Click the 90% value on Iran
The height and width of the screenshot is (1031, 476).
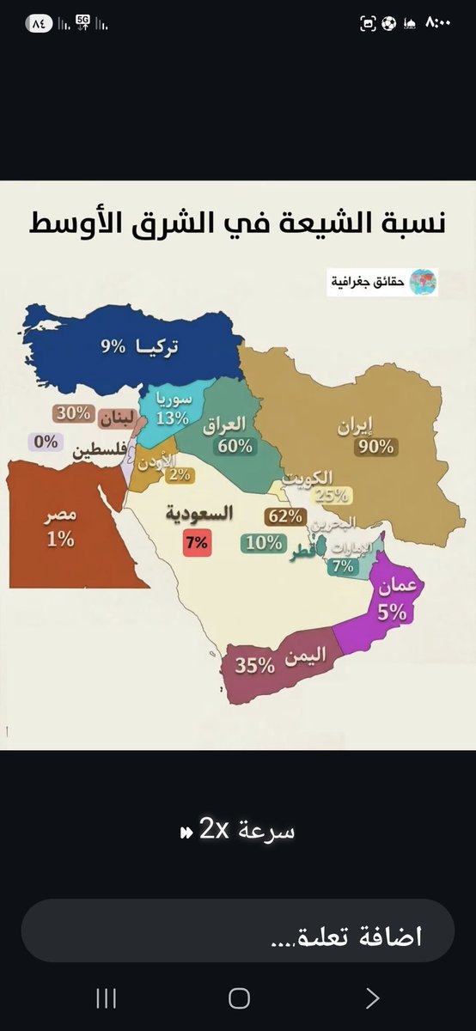(x=376, y=446)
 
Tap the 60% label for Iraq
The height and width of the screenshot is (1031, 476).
(x=235, y=446)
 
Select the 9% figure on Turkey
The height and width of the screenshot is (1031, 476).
(x=114, y=346)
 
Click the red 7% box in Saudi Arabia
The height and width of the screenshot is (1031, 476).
(x=196, y=543)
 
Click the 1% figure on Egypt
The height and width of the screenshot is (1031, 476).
(x=61, y=540)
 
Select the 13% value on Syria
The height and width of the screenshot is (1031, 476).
(x=172, y=418)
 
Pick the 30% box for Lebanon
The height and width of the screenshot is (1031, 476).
(x=73, y=413)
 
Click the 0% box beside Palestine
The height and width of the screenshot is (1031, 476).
(x=46, y=442)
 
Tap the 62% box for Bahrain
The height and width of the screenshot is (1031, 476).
(x=284, y=515)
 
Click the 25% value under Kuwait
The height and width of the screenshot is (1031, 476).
(x=332, y=494)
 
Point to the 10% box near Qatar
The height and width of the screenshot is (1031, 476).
(x=263, y=542)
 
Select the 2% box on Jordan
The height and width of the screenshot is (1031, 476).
(x=180, y=474)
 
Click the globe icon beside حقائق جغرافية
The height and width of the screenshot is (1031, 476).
(x=423, y=281)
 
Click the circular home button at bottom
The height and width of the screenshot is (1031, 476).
(x=239, y=997)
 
